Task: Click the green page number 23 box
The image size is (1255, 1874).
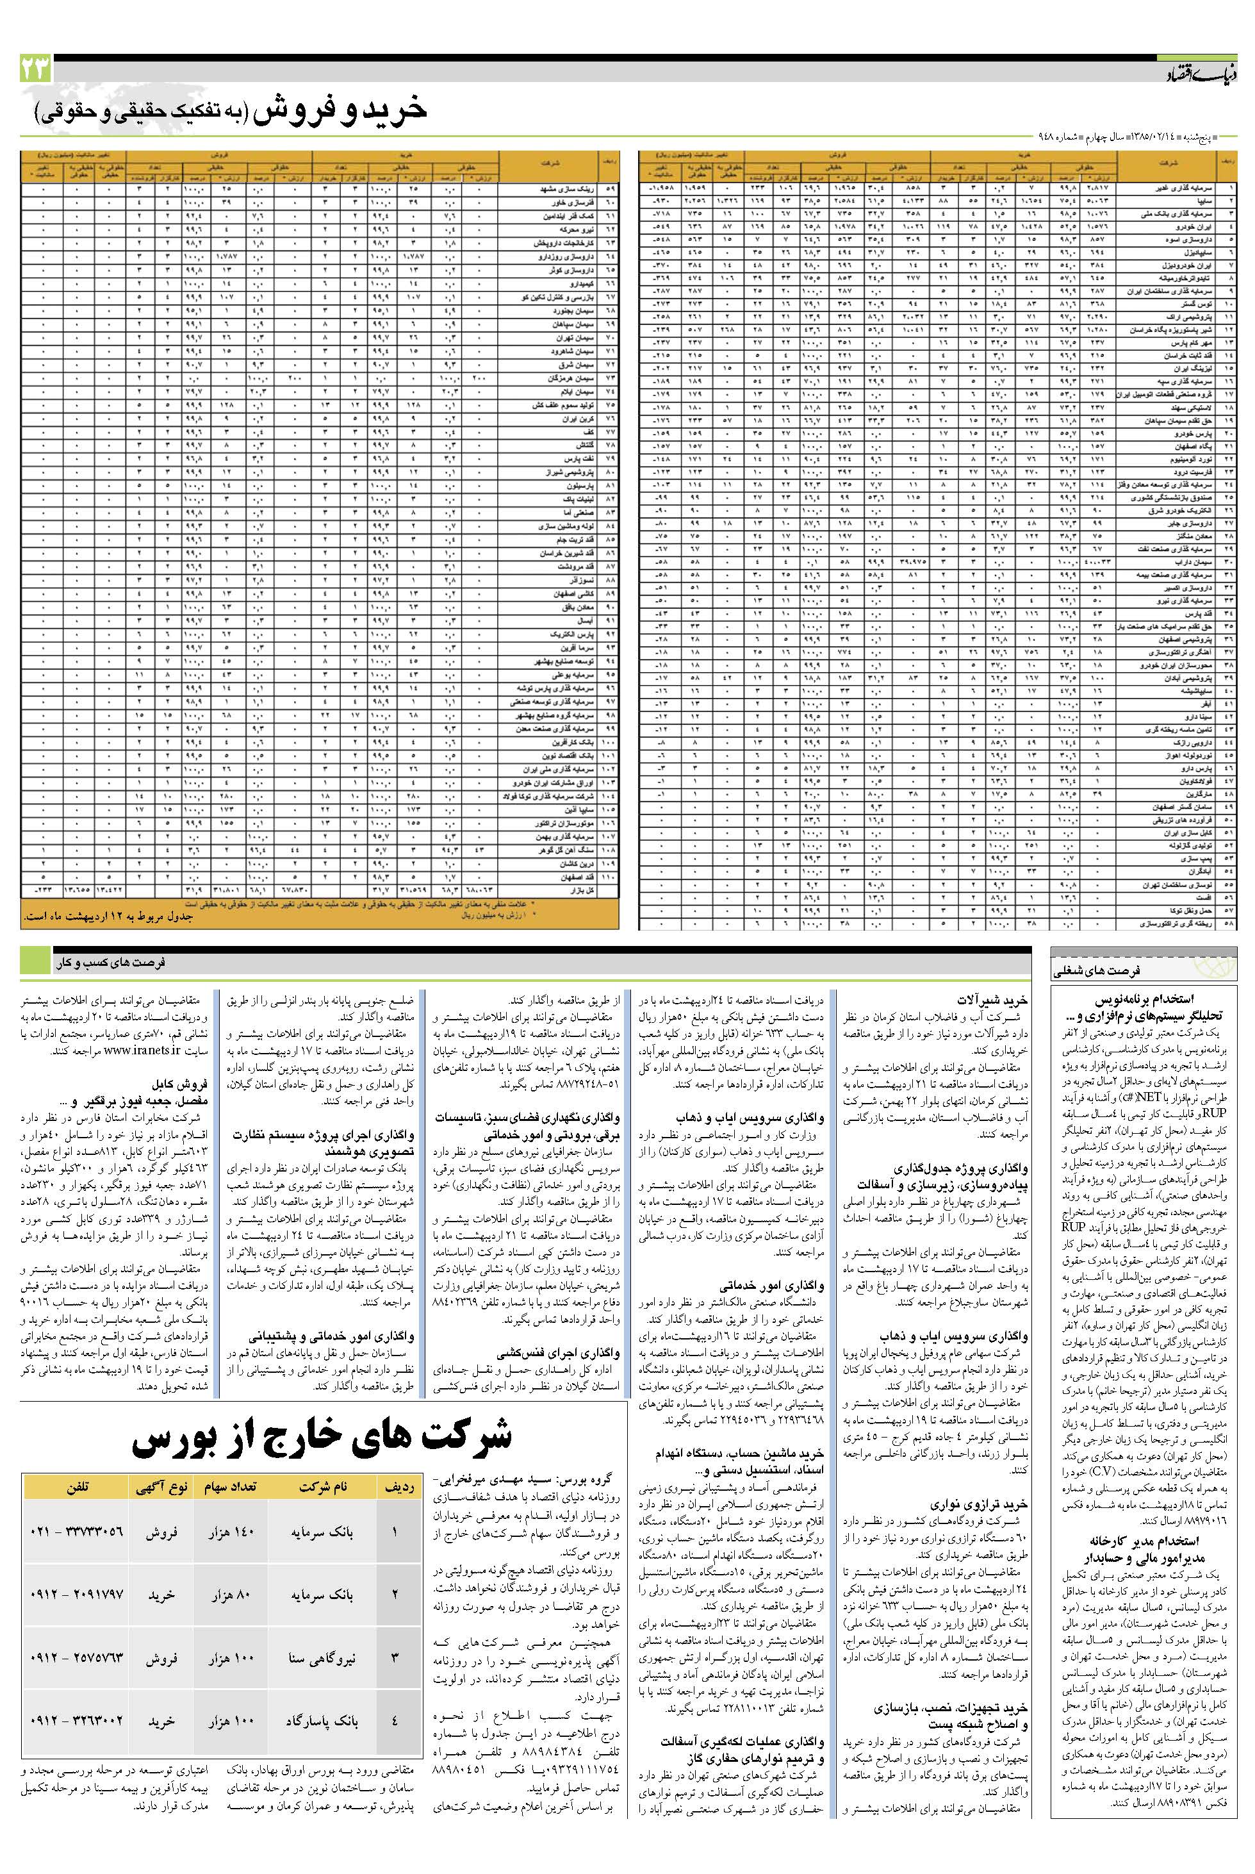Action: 35,70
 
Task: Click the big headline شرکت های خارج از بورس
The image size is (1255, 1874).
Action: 322,1438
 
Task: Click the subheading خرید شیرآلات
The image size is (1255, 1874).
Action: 992,1000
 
